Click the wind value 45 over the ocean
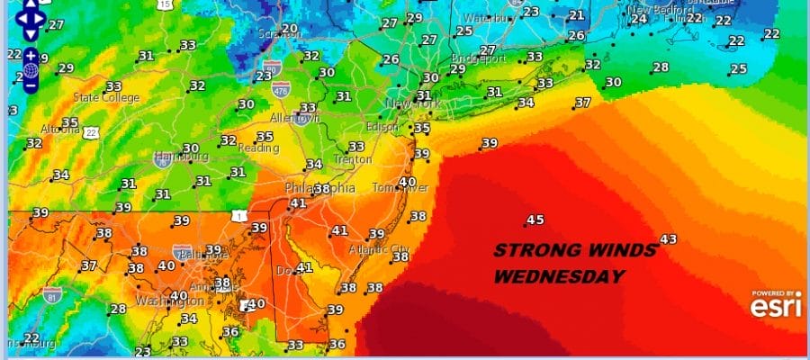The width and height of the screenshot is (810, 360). coord(535,220)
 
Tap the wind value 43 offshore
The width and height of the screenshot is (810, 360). coord(668,238)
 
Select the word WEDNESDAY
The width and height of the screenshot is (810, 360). coord(559,276)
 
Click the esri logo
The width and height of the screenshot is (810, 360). coord(775,308)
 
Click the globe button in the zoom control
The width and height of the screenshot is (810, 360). coord(31,70)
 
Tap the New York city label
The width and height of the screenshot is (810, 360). coord(415,104)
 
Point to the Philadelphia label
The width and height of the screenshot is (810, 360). coord(319,188)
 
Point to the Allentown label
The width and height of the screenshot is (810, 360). coord(295,118)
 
